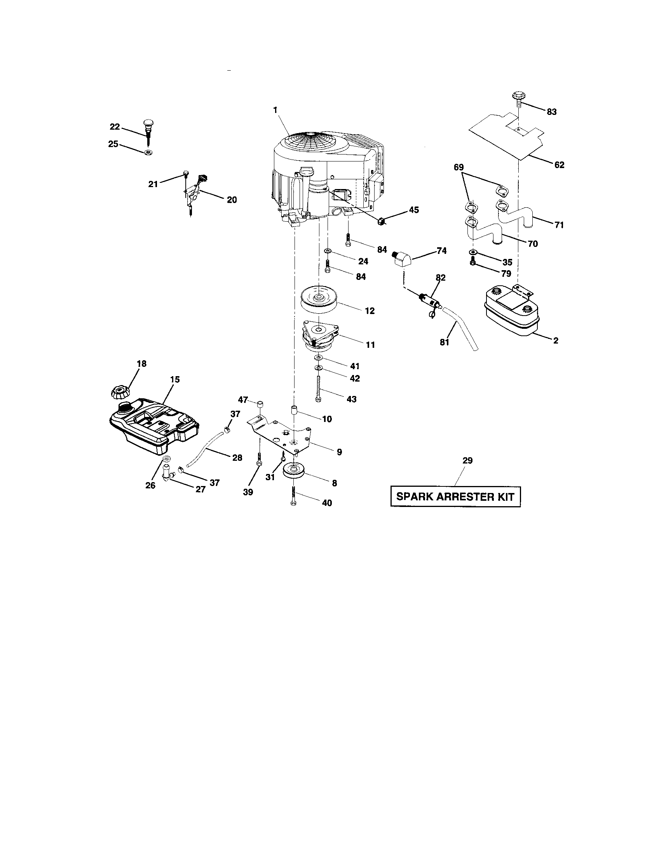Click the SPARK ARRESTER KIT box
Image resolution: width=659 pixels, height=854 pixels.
tap(455, 496)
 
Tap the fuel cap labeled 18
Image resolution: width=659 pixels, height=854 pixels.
tap(120, 391)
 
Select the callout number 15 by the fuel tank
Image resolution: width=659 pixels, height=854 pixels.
tap(174, 379)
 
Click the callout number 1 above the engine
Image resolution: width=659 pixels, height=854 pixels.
tap(275, 111)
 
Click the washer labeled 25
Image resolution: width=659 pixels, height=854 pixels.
tap(148, 152)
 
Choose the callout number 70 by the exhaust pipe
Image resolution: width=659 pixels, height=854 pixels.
tap(533, 244)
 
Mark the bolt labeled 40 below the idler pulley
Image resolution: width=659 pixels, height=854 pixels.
tap(293, 496)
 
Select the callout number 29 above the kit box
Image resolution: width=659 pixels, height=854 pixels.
tap(467, 460)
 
